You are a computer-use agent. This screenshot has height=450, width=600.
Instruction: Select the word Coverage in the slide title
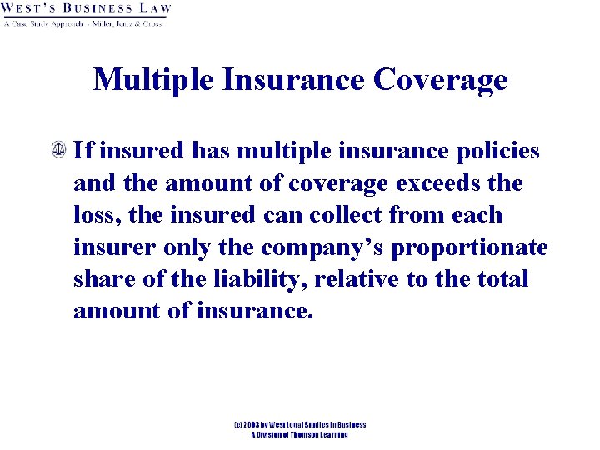pos(441,80)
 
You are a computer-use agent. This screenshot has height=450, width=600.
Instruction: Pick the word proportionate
pos(470,247)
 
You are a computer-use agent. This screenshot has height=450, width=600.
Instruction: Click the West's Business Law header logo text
pos(87,9)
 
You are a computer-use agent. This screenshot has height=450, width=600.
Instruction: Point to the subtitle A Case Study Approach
pos(43,23)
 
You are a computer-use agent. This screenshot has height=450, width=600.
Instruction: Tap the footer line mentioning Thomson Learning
pos(299,435)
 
